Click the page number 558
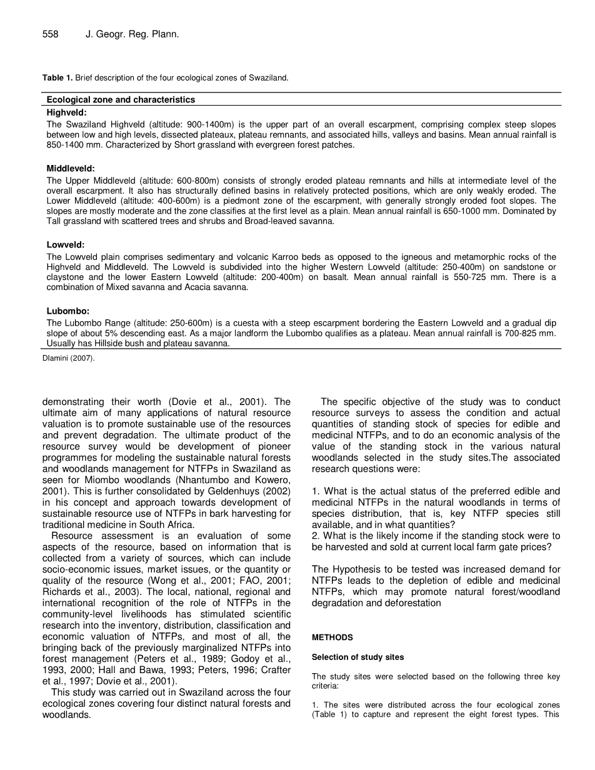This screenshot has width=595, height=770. [x=51, y=35]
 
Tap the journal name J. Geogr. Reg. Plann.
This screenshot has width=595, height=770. [x=132, y=35]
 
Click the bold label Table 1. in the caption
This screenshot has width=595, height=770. [x=57, y=78]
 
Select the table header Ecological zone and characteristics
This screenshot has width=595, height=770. [x=121, y=100]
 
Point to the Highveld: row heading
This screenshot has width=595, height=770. [x=67, y=113]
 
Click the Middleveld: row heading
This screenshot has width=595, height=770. [x=71, y=169]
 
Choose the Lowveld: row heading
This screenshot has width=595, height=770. [x=66, y=245]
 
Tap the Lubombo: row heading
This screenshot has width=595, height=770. [x=68, y=311]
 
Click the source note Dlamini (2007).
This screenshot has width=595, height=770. [x=69, y=358]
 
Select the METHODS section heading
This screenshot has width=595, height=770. [x=332, y=637]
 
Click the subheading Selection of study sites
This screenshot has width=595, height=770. [x=357, y=657]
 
